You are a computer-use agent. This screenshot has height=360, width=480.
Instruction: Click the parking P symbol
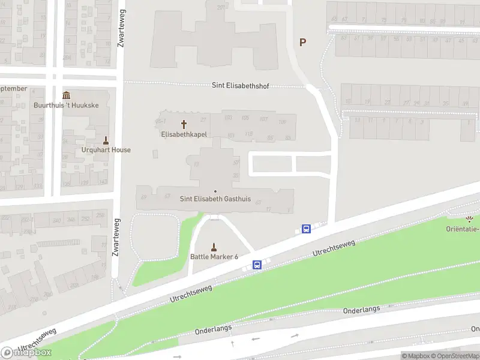[303, 43]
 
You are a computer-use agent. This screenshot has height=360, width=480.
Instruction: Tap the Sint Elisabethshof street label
[240, 85]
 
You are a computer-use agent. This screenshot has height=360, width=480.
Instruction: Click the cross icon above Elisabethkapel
[184, 124]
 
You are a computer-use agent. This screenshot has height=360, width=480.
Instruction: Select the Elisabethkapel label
[184, 134]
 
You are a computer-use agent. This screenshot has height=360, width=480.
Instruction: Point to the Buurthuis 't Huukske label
[66, 105]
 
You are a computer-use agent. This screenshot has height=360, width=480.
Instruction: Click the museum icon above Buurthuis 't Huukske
[66, 95]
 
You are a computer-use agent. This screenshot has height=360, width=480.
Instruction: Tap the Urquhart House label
[106, 150]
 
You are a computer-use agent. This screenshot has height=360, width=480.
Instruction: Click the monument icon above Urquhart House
[106, 140]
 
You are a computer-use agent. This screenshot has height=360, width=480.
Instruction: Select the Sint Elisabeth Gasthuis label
[215, 199]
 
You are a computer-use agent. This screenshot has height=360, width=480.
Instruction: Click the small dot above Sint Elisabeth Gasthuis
[215, 191]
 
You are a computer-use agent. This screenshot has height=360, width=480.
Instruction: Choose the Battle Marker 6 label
[214, 257]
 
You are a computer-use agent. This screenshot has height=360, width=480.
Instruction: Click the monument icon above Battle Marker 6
[214, 246]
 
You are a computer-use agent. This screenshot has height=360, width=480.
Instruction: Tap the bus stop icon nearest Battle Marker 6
[257, 265]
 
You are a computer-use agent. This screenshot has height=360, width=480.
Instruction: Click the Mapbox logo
[26, 352]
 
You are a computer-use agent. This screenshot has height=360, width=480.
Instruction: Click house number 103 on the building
[228, 118]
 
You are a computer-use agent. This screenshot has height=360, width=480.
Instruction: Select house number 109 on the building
[283, 123]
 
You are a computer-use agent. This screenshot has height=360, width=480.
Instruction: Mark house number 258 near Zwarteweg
[100, 215]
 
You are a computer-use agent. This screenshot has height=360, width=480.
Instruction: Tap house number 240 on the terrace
[57, 221]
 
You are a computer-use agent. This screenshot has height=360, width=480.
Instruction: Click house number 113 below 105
[248, 133]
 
